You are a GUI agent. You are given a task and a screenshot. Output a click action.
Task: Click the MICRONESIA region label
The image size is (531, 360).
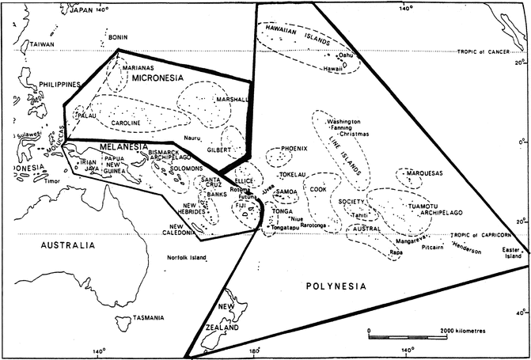click(x=158, y=79)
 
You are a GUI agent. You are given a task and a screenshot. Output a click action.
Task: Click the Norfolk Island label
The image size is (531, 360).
click(x=187, y=257)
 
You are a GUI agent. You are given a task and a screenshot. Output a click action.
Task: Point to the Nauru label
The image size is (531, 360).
click(x=194, y=138)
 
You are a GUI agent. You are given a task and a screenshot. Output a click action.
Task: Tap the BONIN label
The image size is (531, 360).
click(x=118, y=37)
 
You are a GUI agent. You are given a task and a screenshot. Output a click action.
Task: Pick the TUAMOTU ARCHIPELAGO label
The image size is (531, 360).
click(x=428, y=206)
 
